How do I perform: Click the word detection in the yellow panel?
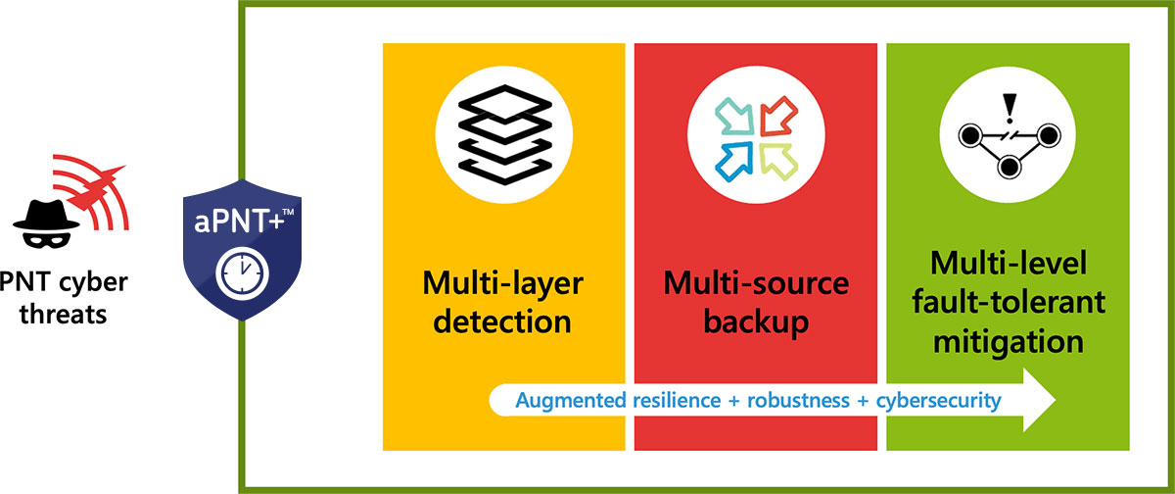502,320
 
